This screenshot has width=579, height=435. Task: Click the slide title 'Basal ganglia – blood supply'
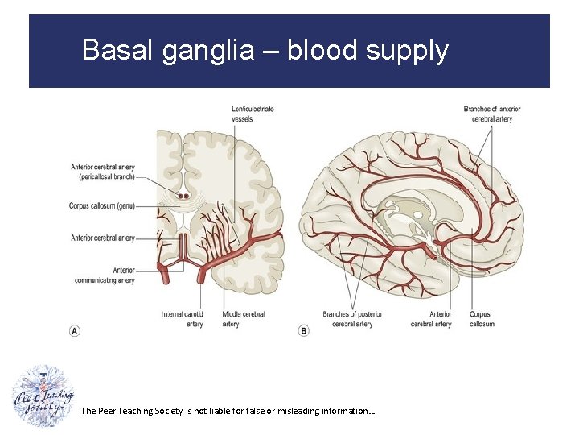265,51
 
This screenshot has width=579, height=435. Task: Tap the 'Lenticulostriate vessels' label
253,114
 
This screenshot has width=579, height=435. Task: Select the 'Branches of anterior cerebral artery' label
492,114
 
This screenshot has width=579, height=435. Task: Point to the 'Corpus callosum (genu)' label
102,206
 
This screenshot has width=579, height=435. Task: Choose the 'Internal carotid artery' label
183,319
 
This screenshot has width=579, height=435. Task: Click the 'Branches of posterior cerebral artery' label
352,319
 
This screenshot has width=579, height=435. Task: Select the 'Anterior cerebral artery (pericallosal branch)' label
103,172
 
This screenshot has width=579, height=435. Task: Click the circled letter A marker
75,330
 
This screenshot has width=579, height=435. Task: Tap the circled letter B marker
303,330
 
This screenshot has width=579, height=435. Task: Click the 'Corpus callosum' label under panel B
480,319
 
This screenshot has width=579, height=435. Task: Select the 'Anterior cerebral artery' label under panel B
430,319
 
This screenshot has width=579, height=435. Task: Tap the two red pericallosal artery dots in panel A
183,195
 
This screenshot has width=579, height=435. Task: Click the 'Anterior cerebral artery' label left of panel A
103,238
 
